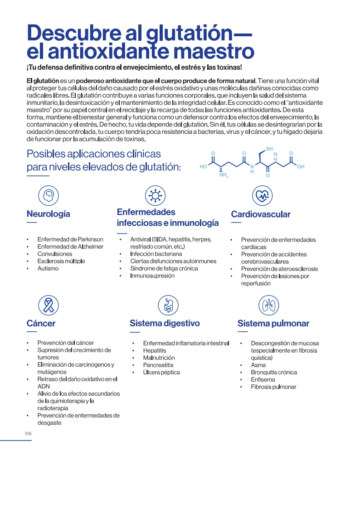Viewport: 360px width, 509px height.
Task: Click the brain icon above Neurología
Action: (48, 195)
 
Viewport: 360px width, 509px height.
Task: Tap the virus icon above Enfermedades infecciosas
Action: (156, 195)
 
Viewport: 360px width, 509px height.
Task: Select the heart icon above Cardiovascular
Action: (262, 195)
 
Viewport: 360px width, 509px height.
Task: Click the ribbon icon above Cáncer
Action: (48, 305)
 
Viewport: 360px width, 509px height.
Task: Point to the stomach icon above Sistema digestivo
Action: (168, 305)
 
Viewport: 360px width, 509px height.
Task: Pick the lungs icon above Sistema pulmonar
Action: (269, 305)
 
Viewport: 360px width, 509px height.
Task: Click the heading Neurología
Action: (49, 214)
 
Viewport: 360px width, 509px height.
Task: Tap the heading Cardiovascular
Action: (261, 214)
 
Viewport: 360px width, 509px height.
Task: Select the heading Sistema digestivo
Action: (165, 323)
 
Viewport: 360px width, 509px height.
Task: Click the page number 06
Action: (28, 434)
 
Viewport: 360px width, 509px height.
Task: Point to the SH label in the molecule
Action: (269, 149)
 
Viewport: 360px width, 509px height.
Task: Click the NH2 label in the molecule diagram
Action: (224, 175)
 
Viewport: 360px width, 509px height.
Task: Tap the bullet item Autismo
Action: (48, 268)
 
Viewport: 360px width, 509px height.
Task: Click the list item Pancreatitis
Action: (158, 365)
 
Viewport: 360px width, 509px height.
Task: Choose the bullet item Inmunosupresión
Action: (152, 276)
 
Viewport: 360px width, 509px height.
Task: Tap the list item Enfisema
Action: (263, 379)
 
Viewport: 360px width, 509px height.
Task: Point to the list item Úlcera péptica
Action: (161, 372)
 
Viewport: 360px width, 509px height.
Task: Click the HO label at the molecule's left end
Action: (204, 167)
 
